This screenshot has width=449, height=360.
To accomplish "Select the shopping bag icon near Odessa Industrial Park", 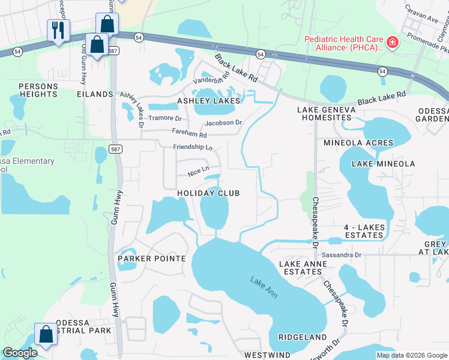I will [x=46, y=334].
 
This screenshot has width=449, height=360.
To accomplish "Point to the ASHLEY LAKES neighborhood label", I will [x=208, y=101].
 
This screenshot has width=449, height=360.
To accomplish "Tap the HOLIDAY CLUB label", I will [x=208, y=193].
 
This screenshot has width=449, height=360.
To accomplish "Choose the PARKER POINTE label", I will [x=151, y=259].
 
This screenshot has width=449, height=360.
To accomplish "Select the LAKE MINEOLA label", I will [x=383, y=164].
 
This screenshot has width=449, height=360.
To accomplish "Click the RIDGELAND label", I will [x=302, y=338].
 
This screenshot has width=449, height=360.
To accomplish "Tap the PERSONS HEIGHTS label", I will [x=38, y=91].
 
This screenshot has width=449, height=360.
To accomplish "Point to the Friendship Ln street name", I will [x=193, y=147].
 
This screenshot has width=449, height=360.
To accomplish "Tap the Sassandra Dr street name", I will [x=341, y=255].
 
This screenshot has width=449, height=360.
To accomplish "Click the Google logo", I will [x=20, y=353].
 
